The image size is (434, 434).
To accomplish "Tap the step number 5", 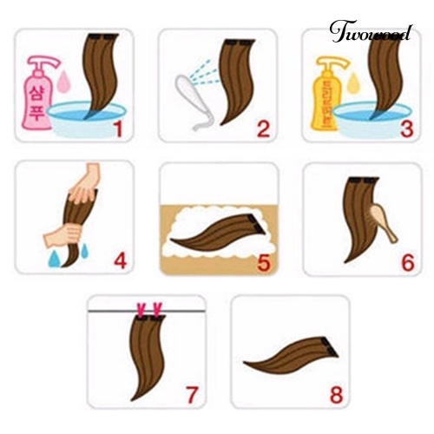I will click(262, 259).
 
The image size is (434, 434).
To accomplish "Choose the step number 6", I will click(406, 259).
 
